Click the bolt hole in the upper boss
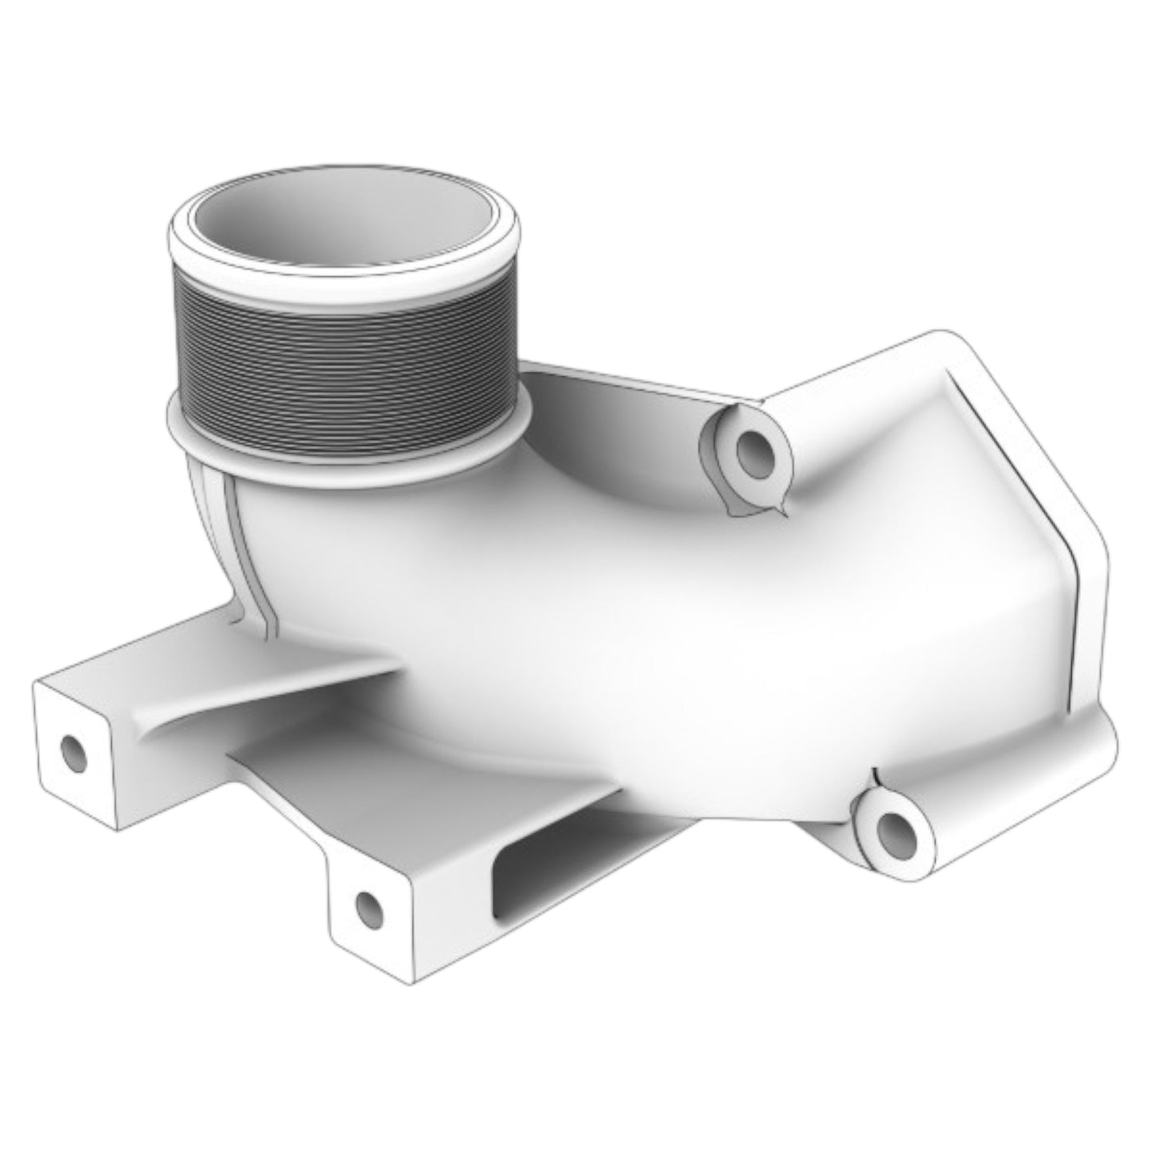click(751, 454)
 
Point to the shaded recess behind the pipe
click(605, 430)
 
